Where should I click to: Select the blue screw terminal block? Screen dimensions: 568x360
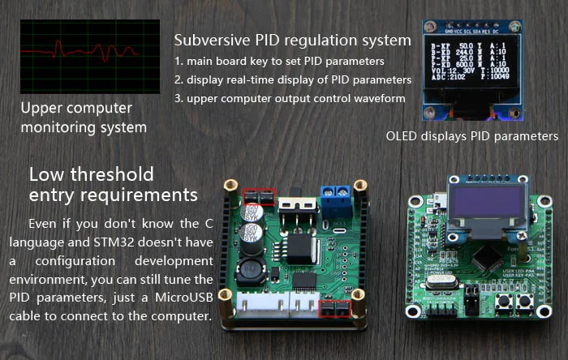point(333,195)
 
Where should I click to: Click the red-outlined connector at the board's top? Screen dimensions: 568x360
point(260,195)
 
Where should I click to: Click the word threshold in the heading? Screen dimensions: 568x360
point(113,174)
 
